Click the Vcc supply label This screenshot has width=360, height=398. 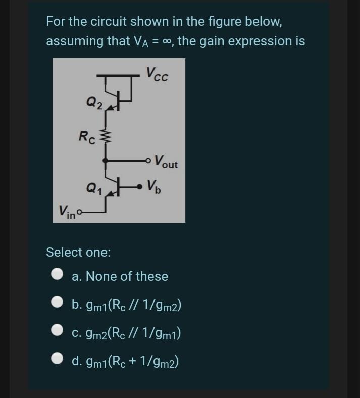point(158,74)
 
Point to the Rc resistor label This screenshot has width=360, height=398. point(85,136)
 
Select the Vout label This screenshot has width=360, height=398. point(166,163)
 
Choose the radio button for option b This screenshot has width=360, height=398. point(58,303)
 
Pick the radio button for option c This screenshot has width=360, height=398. point(58,331)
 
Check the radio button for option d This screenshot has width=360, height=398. point(58,360)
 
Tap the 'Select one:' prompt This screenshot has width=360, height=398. point(78,252)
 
